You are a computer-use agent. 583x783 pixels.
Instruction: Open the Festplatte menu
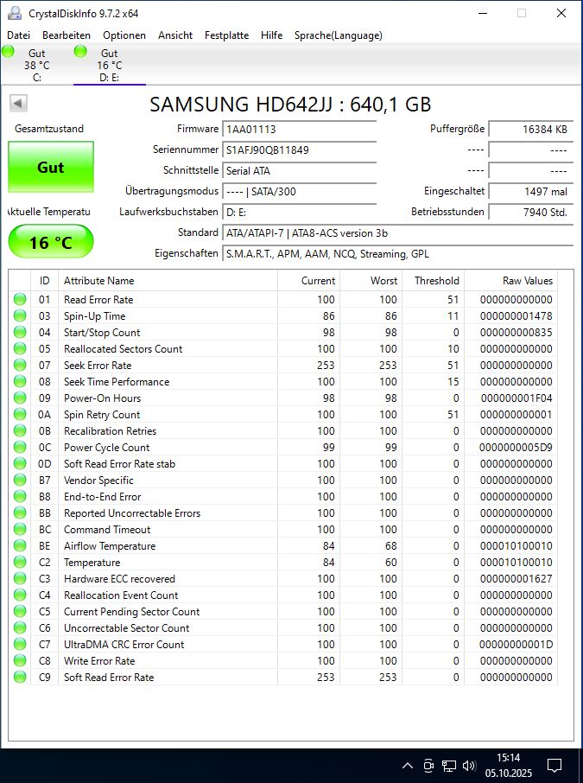pos(226,35)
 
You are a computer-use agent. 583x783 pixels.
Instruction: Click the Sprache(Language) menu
pos(338,35)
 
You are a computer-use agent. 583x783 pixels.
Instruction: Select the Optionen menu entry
pos(124,35)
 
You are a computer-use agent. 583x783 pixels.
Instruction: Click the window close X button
pos(561,13)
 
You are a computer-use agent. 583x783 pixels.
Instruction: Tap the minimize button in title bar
pos(481,13)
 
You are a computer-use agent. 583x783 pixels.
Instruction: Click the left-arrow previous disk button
pos(18,104)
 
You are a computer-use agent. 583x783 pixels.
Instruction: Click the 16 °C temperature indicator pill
pos(51,243)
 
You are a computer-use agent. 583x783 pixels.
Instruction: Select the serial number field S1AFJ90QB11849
pos(299,150)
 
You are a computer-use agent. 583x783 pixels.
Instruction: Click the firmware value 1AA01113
pos(299,129)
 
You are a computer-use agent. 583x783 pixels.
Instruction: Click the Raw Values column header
pos(527,281)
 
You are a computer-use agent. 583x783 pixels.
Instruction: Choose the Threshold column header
pos(436,281)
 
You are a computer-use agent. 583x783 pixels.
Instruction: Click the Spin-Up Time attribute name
pos(94,316)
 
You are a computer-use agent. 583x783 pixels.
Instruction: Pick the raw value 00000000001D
pos(516,645)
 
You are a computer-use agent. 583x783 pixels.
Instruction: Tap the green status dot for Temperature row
pos(20,563)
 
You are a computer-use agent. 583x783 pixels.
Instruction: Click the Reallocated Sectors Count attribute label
pos(123,349)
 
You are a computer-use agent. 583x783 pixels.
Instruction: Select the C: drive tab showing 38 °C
pos(36,65)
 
